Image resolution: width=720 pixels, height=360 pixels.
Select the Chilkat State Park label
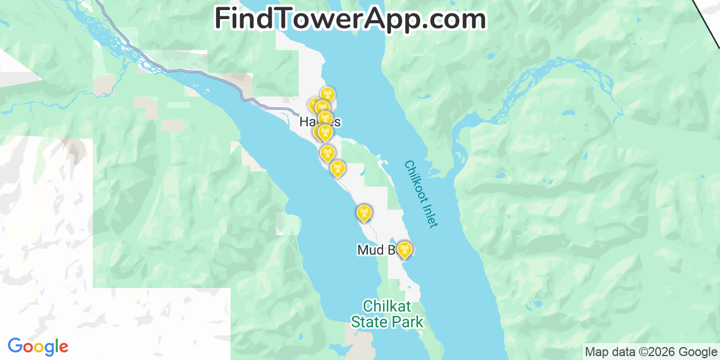coord(387,314)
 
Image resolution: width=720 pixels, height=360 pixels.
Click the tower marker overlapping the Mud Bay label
coord(404,249)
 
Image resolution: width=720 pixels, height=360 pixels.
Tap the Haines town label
coord(319,121)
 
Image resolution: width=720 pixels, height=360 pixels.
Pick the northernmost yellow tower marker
coord(327,94)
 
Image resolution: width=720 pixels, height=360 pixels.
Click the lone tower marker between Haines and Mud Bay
coord(364,213)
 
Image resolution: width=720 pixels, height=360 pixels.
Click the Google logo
coord(38,347)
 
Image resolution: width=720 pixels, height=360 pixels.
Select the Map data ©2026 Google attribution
coord(651,352)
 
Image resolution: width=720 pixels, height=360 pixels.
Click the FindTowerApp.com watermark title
coord(350,19)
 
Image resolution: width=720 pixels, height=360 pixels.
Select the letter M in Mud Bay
coord(364,250)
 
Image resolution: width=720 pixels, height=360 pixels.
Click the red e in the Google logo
coord(63,348)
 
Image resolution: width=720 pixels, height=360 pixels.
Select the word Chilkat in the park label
coord(387,307)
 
